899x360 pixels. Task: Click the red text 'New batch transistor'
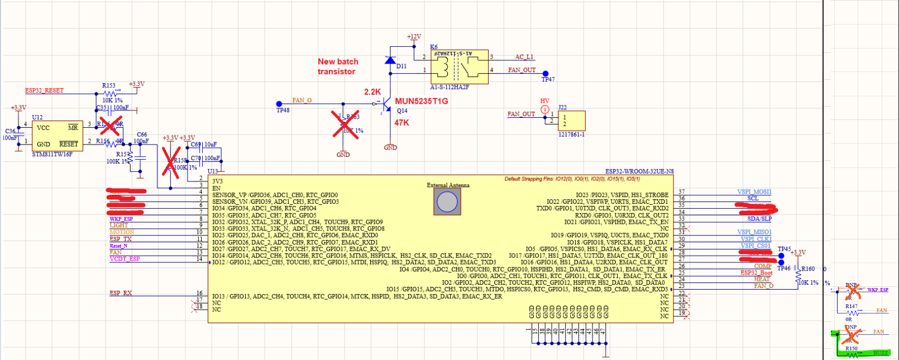click(x=338, y=66)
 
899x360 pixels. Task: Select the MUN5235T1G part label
click(x=421, y=101)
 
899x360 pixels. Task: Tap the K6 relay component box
click(x=459, y=67)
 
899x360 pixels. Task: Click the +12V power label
click(x=414, y=37)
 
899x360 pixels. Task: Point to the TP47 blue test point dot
click(x=546, y=74)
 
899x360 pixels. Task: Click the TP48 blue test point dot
click(x=279, y=104)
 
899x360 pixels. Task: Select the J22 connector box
click(x=571, y=121)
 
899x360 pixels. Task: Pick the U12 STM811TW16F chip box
click(x=57, y=136)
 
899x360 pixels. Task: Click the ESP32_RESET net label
click(x=44, y=90)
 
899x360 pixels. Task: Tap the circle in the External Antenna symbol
click(x=447, y=201)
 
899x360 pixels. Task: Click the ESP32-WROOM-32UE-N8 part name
click(x=639, y=171)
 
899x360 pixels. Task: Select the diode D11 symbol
click(x=390, y=60)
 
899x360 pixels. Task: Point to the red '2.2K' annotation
click(x=372, y=92)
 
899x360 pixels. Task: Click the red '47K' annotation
click(x=401, y=123)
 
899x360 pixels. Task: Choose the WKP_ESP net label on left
click(x=121, y=219)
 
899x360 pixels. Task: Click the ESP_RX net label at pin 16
click(x=121, y=293)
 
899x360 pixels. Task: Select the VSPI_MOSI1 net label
click(x=754, y=191)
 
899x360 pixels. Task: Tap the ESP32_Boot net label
click(x=756, y=273)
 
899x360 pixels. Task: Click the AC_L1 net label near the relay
click(x=524, y=57)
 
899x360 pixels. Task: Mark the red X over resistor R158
click(x=171, y=162)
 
